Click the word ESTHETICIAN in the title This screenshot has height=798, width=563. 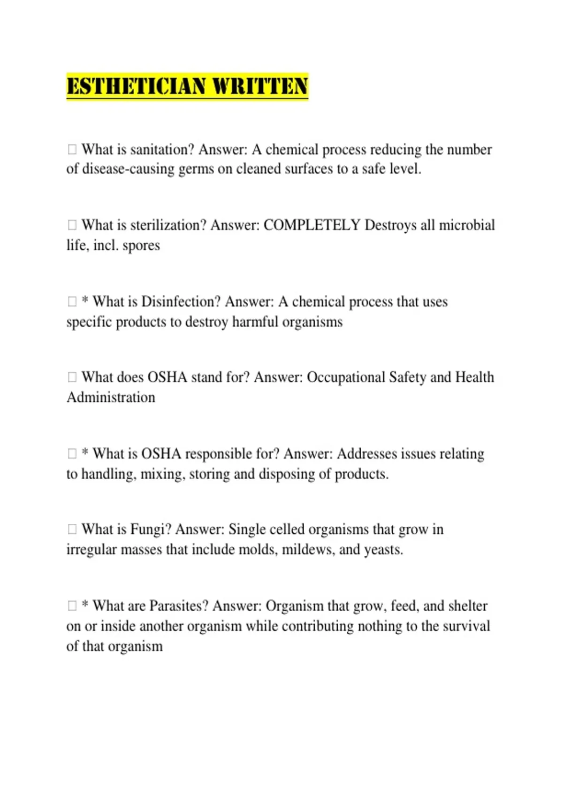[137, 86]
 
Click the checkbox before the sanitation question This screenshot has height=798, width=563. [72, 149]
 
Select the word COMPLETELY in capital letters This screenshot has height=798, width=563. [312, 225]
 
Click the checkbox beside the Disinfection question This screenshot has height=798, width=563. [72, 301]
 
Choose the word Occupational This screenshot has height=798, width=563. [346, 377]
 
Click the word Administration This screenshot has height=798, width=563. [111, 398]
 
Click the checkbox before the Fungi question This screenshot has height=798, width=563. [72, 529]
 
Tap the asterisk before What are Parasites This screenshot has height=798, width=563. [85, 605]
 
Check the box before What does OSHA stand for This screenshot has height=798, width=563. [72, 377]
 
